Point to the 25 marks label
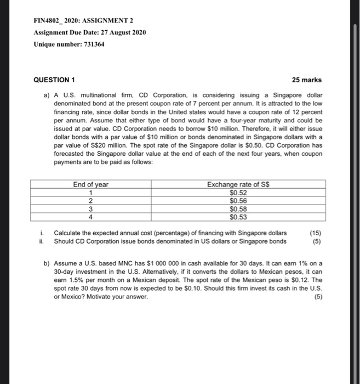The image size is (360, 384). point(307,80)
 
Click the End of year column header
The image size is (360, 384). point(90,184)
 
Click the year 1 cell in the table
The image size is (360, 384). point(90,193)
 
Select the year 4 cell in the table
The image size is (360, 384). point(90,217)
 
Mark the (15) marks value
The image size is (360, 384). point(316,233)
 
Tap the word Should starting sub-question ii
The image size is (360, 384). point(65,241)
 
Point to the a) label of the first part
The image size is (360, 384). point(47,95)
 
